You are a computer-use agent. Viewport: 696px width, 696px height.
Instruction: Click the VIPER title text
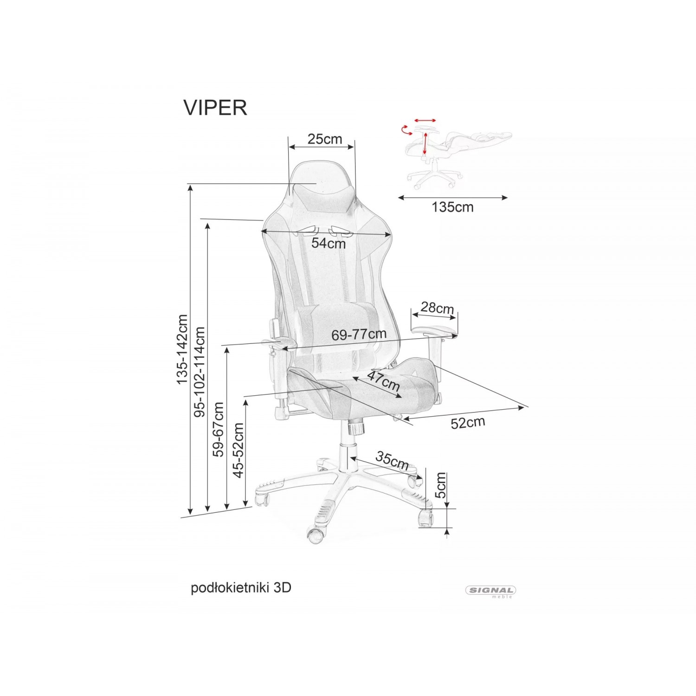[x=215, y=108]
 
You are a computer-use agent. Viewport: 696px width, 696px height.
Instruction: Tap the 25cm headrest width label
[x=325, y=139]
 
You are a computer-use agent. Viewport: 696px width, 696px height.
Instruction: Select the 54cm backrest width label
[x=329, y=243]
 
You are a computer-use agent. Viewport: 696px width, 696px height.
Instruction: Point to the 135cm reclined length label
[x=453, y=207]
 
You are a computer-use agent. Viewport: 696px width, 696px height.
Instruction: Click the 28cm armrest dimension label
[x=437, y=308]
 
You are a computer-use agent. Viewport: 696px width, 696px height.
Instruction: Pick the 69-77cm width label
[x=359, y=334]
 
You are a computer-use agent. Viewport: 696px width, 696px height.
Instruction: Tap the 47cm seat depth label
[x=383, y=380]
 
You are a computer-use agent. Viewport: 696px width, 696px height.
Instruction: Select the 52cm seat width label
[x=468, y=423]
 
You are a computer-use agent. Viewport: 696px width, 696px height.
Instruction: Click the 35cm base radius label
[x=392, y=460]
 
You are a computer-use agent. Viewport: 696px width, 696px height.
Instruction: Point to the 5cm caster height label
[x=440, y=485]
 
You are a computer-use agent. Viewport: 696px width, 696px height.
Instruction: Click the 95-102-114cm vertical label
[x=200, y=372]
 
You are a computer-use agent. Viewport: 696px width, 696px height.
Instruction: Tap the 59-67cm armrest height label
[x=218, y=429]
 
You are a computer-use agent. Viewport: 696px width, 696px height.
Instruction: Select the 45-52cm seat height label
[x=238, y=450]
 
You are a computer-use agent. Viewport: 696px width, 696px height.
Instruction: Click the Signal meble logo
[x=491, y=592]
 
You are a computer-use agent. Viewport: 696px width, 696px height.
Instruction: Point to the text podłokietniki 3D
[x=241, y=588]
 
